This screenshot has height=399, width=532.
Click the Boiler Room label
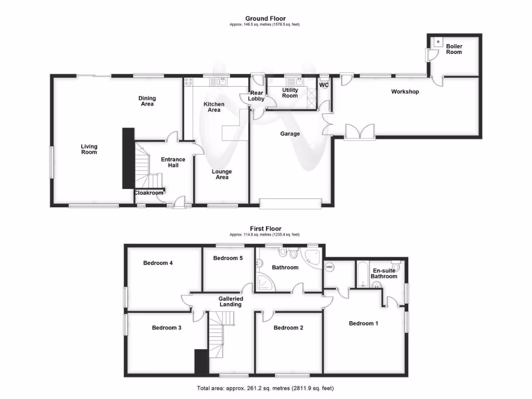tap(454, 49)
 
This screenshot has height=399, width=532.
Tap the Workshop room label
tap(405, 92)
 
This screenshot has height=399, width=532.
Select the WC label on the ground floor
tap(324, 85)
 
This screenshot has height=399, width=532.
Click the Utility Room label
tap(290, 93)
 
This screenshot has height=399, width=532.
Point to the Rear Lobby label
tap(257, 96)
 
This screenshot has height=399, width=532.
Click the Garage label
tap(290, 134)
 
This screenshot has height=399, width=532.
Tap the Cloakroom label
tap(149, 193)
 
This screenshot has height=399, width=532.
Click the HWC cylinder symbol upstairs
tap(329, 267)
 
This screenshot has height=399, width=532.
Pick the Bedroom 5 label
tap(228, 258)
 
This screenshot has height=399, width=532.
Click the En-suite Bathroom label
tap(384, 274)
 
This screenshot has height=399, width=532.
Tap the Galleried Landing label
tap(231, 301)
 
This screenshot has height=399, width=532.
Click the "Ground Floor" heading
tap(265, 19)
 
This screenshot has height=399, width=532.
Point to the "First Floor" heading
tap(265, 229)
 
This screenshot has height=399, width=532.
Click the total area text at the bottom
tap(266, 388)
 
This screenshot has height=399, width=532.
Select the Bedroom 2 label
tap(288, 328)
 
